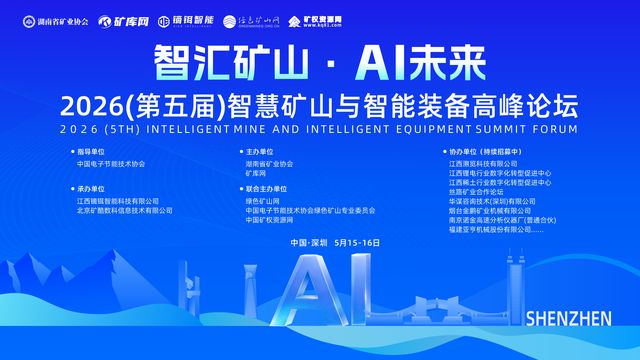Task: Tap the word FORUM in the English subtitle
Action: tap(555, 129)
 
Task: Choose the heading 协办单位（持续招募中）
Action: tap(484, 151)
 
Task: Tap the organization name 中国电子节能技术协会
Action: tap(110, 163)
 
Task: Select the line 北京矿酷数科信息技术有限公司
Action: tap(124, 211)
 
